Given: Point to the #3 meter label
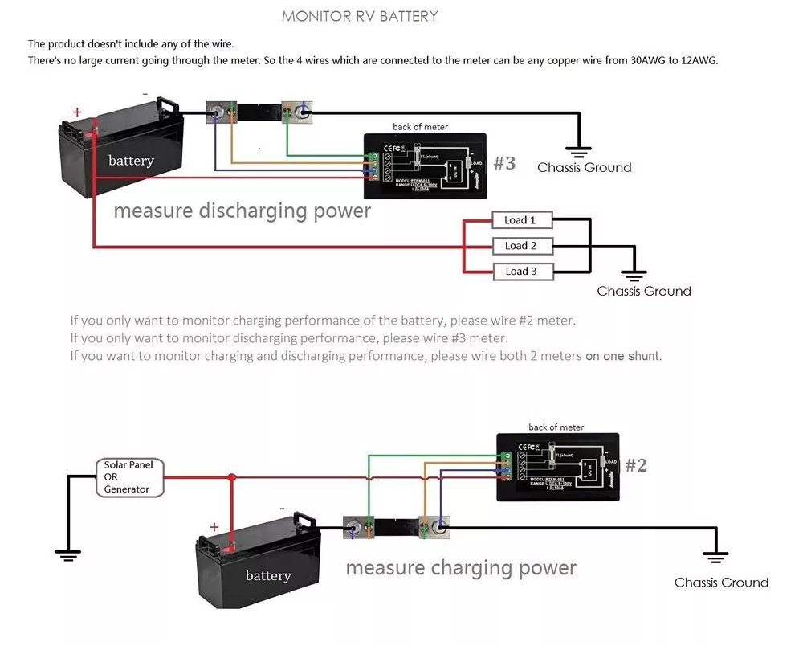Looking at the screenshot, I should tap(504, 164).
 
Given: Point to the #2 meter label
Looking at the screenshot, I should tap(636, 466).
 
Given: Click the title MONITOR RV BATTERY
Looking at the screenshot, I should tap(360, 16).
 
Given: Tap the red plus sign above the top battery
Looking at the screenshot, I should tap(77, 112).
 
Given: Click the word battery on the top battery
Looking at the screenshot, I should tap(131, 161).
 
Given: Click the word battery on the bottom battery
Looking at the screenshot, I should tap(268, 576).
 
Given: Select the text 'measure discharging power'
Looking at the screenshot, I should tap(242, 211).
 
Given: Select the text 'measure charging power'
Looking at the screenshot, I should tap(461, 568).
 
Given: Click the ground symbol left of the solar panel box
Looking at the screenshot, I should tap(68, 554).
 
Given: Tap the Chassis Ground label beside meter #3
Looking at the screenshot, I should tap(584, 168).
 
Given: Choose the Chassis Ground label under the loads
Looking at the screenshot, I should tap(643, 292).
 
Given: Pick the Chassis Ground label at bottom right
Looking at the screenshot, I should tap(721, 583).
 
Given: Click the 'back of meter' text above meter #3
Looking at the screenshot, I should tap(420, 127).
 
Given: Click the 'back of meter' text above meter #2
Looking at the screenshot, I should tap(556, 427).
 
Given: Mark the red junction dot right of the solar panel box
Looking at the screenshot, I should tap(231, 477).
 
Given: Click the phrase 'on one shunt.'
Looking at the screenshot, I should tap(623, 356).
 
